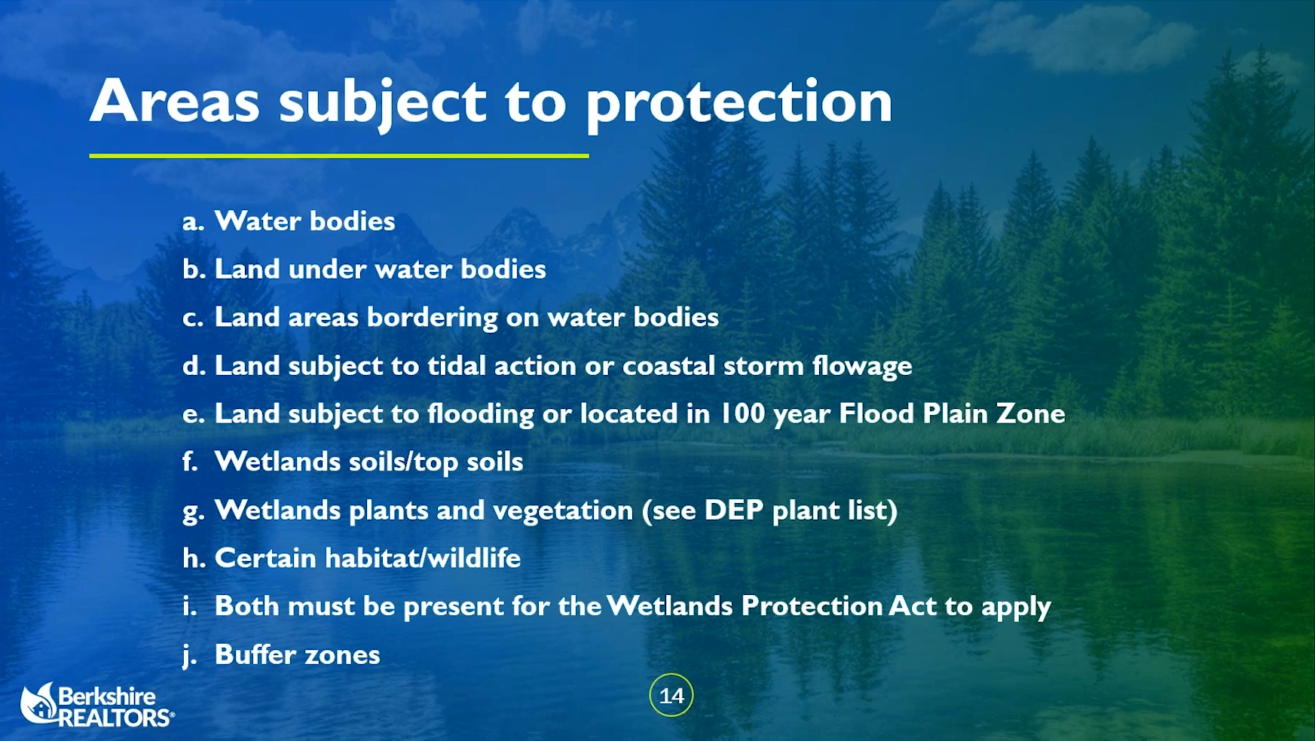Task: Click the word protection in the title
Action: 739,104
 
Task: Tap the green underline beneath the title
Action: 339,156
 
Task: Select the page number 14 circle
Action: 671,695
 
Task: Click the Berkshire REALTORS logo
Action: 97,706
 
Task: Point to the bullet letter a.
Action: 193,222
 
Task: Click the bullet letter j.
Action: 190,656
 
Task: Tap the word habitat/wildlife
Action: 423,558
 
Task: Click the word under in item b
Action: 327,270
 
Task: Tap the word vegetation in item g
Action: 563,511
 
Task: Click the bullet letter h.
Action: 194,558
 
